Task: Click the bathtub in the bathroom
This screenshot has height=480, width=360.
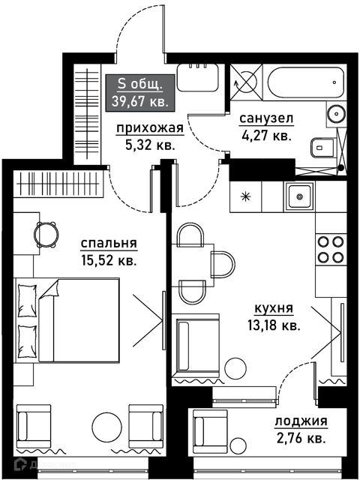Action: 305,82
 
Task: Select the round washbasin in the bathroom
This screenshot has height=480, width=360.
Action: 337,114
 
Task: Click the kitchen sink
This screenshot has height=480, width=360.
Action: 299,196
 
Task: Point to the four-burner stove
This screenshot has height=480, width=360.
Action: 331,250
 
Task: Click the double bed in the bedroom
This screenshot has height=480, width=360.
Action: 67,320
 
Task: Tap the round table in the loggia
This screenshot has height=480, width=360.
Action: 238,445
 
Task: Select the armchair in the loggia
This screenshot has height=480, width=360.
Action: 210,432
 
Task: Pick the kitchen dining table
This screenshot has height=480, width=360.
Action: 193,265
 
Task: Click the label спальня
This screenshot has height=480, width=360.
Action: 109,244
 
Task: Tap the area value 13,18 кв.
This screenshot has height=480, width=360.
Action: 274,326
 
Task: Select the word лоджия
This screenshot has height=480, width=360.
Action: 301,421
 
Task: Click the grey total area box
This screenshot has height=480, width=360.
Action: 140,93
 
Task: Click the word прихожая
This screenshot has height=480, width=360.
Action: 150,128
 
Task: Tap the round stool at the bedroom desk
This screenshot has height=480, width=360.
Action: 46,235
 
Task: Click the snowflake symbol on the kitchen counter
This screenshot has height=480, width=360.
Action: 245,196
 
